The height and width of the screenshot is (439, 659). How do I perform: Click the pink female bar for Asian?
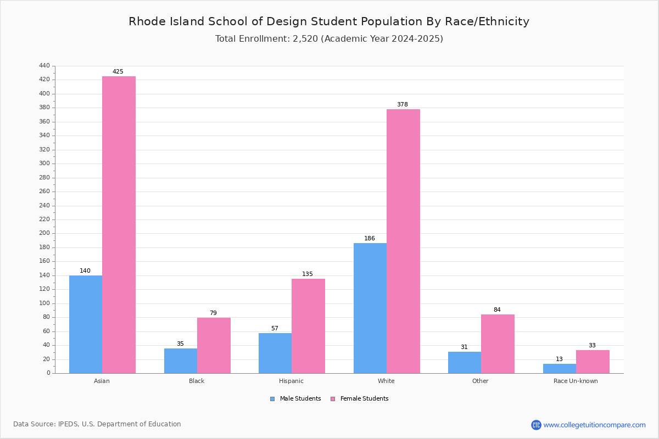pos(119,225)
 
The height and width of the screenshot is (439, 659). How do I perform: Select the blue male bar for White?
pos(370,308)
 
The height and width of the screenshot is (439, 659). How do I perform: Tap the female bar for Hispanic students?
pos(308,326)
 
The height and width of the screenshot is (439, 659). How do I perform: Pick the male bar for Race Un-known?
pos(560,369)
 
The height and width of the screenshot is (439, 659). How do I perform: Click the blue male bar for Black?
pos(181,361)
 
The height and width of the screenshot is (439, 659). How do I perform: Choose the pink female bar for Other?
pos(498,344)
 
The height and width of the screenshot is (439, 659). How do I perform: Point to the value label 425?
pos(118,71)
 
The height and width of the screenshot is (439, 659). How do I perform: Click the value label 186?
pos(370,238)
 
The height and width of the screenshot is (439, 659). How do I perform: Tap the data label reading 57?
pos(275,328)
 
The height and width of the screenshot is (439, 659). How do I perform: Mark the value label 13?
pos(559,359)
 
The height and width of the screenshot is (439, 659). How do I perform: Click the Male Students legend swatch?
pos(272,399)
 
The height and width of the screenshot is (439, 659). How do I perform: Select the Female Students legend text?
pos(365,398)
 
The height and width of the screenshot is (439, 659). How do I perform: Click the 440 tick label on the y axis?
pos(44,65)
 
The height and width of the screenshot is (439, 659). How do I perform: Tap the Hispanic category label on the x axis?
pos(291,381)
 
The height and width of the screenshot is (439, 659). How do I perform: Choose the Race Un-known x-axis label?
pos(576,381)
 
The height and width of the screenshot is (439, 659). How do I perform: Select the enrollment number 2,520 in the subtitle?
pos(305,39)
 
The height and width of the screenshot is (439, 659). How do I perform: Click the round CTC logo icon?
pos(536,425)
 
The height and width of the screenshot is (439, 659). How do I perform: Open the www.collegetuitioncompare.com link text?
pos(595,425)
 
